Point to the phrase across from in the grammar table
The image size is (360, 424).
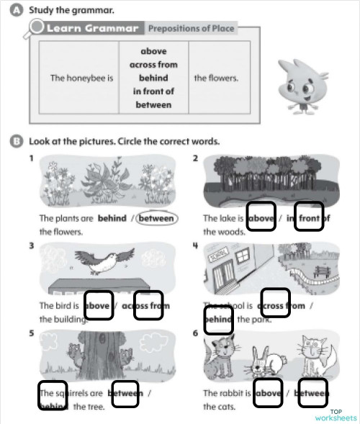[x=153, y=65]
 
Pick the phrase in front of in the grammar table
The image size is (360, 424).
[x=153, y=91]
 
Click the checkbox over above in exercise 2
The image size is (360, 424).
[x=261, y=217]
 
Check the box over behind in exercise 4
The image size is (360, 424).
[x=219, y=320]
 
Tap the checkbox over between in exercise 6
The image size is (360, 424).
[x=312, y=392]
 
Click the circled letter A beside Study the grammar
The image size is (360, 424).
[x=17, y=10]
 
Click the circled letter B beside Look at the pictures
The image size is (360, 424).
[x=17, y=141]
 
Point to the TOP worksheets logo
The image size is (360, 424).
[x=335, y=414]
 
